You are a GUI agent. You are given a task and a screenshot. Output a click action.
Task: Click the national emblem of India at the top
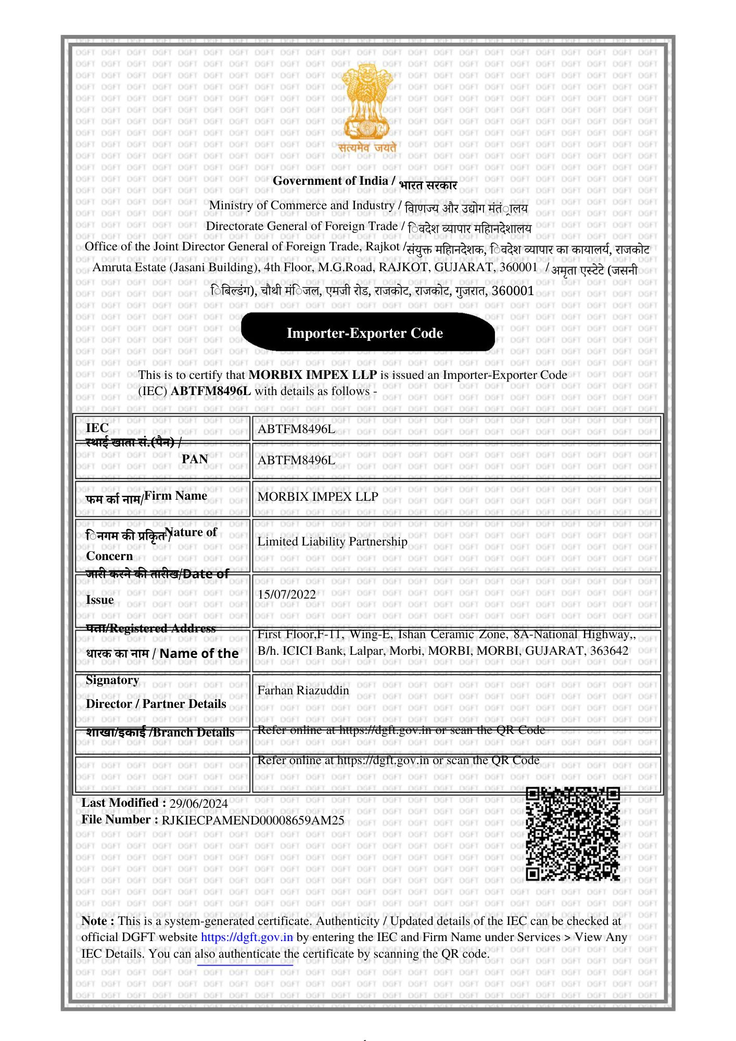366,104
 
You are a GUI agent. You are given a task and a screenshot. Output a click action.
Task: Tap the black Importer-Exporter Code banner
367,333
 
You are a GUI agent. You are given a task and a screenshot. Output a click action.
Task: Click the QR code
573,834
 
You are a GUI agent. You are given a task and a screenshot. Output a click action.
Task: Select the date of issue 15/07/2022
287,594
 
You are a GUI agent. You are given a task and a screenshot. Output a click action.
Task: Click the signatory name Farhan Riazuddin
303,691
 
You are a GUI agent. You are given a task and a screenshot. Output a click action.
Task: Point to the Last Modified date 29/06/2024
198,804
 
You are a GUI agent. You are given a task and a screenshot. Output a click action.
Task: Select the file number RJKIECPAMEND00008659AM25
253,820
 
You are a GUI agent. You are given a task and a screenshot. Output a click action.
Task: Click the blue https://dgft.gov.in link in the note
247,937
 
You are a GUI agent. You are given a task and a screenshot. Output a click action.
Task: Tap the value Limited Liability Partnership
332,542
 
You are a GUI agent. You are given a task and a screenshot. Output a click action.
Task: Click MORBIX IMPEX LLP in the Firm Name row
318,497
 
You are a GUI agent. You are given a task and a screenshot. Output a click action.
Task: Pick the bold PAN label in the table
195,459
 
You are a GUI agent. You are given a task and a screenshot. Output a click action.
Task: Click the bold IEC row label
97,428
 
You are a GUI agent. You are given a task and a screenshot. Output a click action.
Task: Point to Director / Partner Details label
156,704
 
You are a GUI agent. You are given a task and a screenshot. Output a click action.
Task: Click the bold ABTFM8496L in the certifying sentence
211,391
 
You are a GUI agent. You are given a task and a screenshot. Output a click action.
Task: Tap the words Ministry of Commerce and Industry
301,206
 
